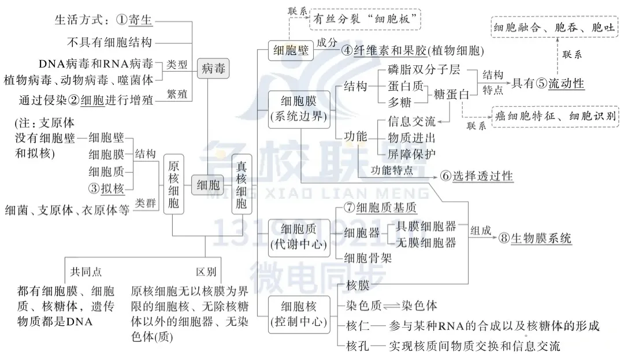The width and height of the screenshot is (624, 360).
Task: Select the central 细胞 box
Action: pos(208,185)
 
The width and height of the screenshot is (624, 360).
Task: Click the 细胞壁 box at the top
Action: pos(291,51)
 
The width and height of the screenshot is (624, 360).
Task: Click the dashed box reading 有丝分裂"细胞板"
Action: pos(365,19)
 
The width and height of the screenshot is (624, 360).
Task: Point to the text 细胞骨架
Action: pos(367,258)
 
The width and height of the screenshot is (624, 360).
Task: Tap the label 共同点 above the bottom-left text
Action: pos(86,272)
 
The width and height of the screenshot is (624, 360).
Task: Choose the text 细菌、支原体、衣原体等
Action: pos(66,209)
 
